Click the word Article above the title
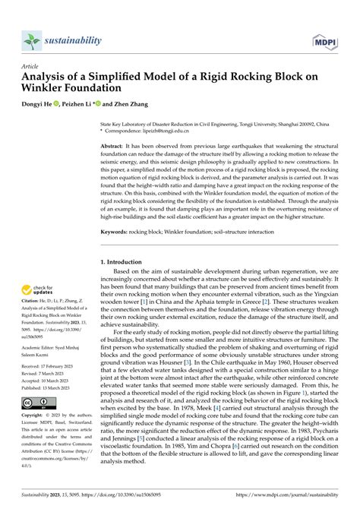tap(30, 67)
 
